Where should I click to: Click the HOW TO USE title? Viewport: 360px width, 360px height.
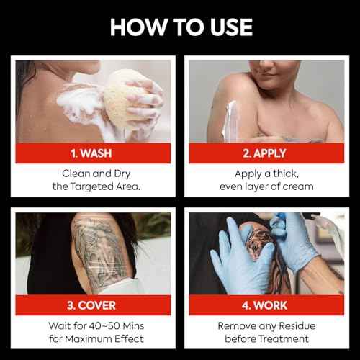[180, 27]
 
